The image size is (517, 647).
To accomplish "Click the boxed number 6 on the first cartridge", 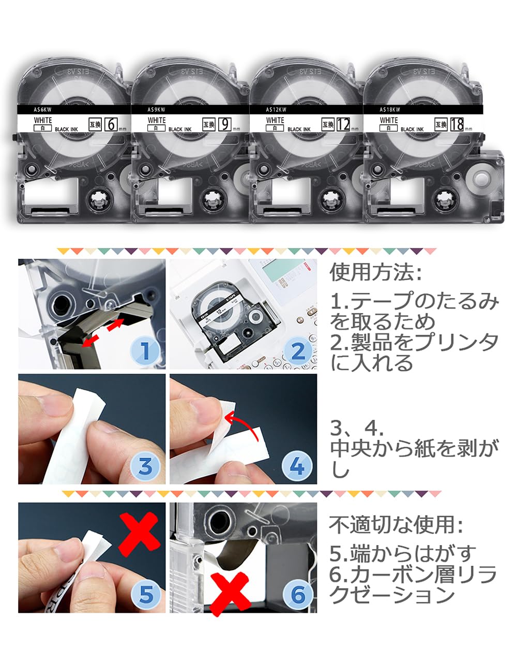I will coord(111,125).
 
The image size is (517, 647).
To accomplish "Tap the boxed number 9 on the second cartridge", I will coord(225,125).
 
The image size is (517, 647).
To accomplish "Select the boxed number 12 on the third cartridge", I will coord(343,125).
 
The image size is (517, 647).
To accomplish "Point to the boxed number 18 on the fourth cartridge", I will coord(457,125).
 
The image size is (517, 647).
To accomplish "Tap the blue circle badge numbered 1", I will coord(145,351).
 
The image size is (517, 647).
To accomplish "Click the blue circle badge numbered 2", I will coord(298,351).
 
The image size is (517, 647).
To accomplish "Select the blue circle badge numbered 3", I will coord(145,466).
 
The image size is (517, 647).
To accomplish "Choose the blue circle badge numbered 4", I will coord(298,466).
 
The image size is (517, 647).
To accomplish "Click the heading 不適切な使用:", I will coord(396,525).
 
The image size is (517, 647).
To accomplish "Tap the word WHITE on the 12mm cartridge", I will coord(275,120).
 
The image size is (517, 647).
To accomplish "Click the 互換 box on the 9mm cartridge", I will coord(208,125).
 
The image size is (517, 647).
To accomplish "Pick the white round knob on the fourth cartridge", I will coord(481,178).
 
